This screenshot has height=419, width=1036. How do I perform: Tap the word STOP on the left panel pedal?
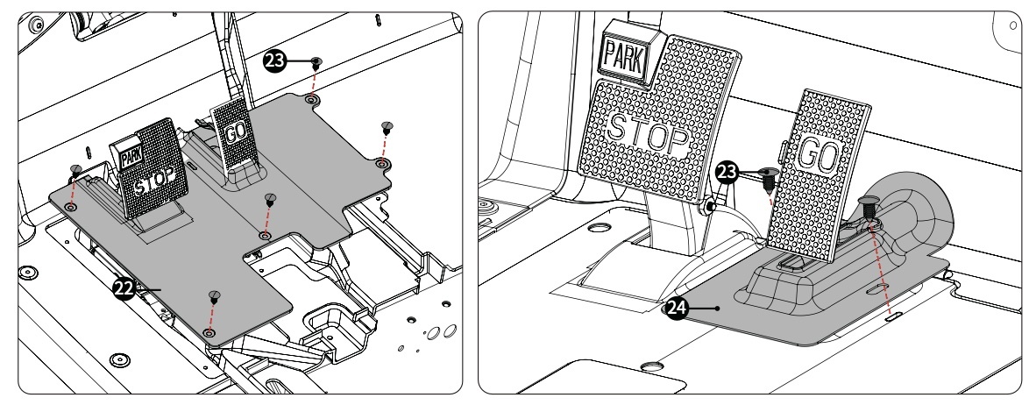(163, 182)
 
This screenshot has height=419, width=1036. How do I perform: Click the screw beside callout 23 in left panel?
(316, 62)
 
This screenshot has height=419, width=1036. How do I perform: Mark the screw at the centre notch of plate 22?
(270, 199)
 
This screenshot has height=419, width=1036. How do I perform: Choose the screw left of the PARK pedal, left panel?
(77, 169)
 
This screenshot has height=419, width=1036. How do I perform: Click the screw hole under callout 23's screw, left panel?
(310, 101)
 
